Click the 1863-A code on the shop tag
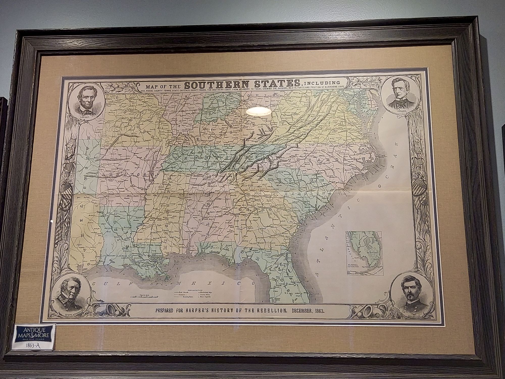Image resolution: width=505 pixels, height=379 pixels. (x=33, y=345)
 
